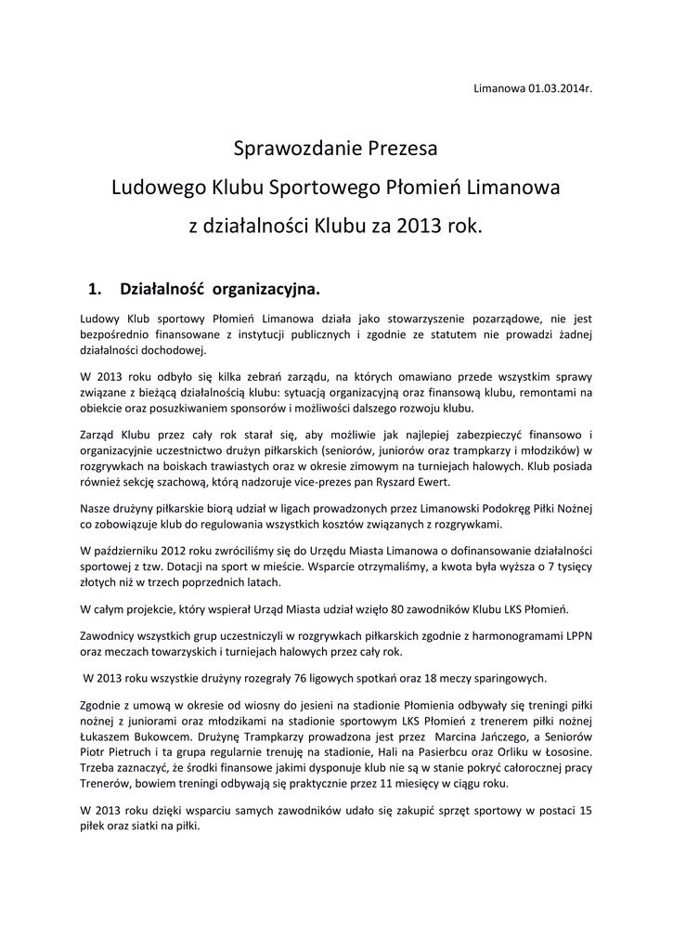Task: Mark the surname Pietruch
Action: [x=130, y=750]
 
